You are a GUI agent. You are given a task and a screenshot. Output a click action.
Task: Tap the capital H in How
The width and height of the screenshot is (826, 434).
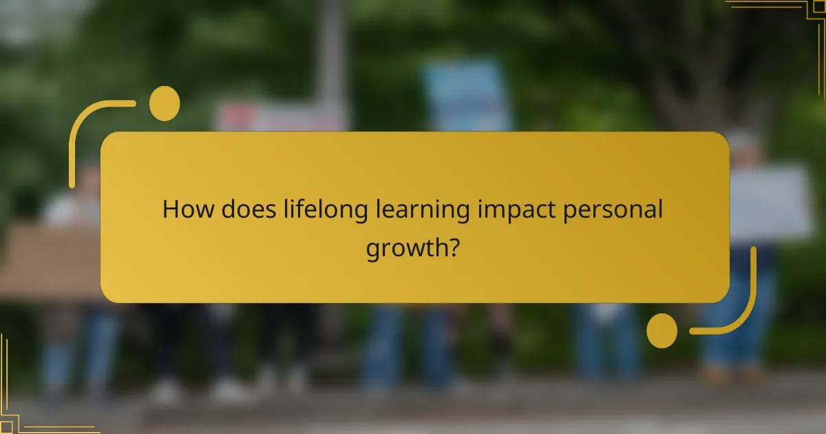pyautogui.click(x=169, y=209)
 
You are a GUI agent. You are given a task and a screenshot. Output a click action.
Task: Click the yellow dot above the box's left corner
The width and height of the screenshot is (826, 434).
pyautogui.click(x=164, y=103)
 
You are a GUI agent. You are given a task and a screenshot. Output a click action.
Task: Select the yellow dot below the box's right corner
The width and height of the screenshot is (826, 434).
pyautogui.click(x=662, y=330)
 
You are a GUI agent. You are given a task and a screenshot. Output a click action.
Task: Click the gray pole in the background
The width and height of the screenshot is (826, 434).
pyautogui.click(x=332, y=55)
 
